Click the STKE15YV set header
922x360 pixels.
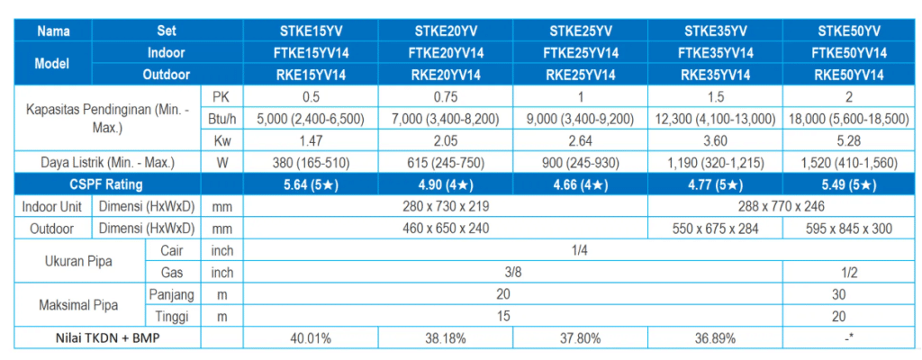click(311, 30)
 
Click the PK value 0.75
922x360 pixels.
click(446, 97)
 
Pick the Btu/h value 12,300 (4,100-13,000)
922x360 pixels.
click(715, 119)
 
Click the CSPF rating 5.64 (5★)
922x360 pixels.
click(311, 184)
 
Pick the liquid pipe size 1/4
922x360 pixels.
click(579, 250)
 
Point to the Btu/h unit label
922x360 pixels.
click(221, 119)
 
